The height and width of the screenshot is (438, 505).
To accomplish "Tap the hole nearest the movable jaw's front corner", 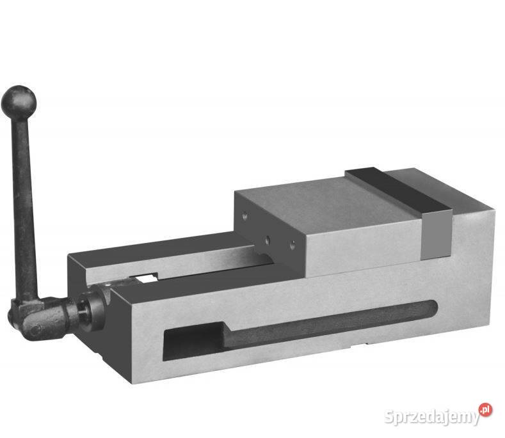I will (x=293, y=244).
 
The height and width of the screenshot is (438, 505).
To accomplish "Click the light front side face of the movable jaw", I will (x=365, y=253).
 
